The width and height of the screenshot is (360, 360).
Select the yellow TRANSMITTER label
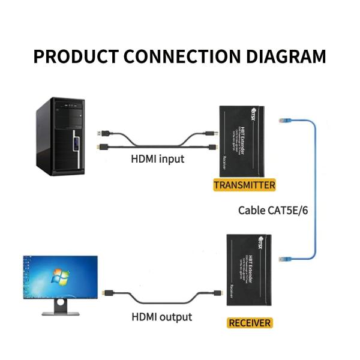[x=244, y=185]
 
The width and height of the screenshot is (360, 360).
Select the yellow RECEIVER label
[x=250, y=323]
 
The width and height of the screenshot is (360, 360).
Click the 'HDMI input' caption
[x=158, y=159]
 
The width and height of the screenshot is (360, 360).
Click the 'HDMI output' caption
[x=161, y=317]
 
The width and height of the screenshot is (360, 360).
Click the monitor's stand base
[x=60, y=311]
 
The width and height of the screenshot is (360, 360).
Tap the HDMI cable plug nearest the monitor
[x=106, y=293]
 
